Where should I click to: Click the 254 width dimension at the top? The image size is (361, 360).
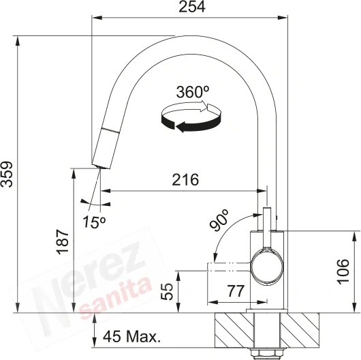pos(192,7)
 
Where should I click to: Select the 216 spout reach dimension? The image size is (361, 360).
pos(185,180)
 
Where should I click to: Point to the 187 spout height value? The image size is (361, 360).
pos(63,241)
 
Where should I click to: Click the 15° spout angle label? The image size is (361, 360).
pos(95,222)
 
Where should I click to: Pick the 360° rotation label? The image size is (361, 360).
pos(193,92)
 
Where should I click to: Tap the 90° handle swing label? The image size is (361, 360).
pos(219,220)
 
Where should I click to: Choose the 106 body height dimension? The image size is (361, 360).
pos(343,271)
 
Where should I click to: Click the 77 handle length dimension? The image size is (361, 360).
pos(236,291)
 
